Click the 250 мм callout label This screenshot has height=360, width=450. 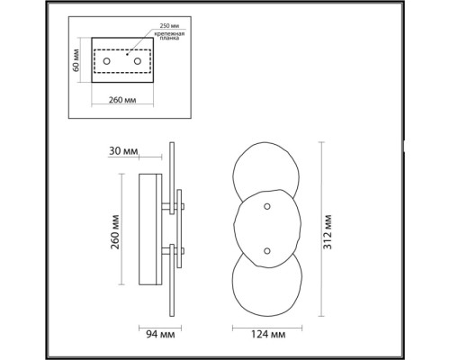point(169,26)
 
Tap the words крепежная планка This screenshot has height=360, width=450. point(169,36)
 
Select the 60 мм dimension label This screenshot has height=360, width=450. point(76,60)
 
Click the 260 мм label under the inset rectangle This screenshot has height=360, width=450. point(122,100)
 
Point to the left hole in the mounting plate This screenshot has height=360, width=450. point(106,61)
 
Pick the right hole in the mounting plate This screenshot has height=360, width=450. point(138,61)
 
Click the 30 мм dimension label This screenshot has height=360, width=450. point(123,151)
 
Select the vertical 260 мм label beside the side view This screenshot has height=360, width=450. point(115,232)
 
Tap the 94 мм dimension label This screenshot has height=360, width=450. point(160,334)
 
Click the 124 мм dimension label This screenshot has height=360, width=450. point(268,334)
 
